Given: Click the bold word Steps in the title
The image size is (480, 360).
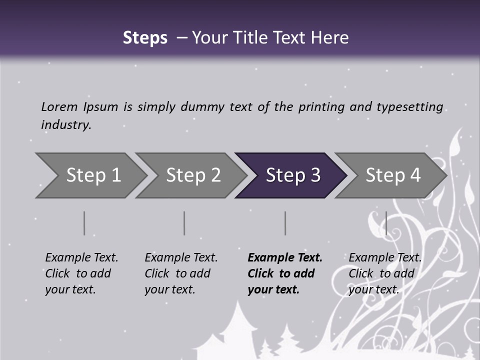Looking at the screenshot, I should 145,38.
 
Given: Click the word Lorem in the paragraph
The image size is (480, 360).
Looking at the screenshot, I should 59,106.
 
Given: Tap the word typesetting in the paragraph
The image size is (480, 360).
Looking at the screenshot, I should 409,107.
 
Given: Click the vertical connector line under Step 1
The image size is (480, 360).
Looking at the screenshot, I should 84,223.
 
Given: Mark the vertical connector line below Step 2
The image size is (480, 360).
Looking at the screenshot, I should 184,223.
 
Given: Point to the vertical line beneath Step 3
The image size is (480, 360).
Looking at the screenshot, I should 285,223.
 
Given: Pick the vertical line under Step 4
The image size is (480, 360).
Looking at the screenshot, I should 386,223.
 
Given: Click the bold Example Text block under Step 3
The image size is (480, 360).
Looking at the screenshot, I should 284,273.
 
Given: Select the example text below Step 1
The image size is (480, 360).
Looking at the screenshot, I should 81,273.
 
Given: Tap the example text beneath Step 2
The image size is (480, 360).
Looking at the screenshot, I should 180,273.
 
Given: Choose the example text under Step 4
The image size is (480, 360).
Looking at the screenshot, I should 384,273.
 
